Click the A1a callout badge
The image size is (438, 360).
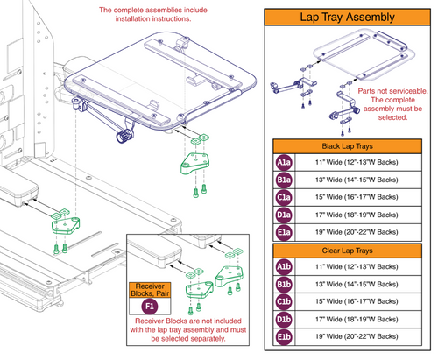284,163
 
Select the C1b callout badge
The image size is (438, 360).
284,303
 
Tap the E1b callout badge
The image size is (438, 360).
284,337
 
